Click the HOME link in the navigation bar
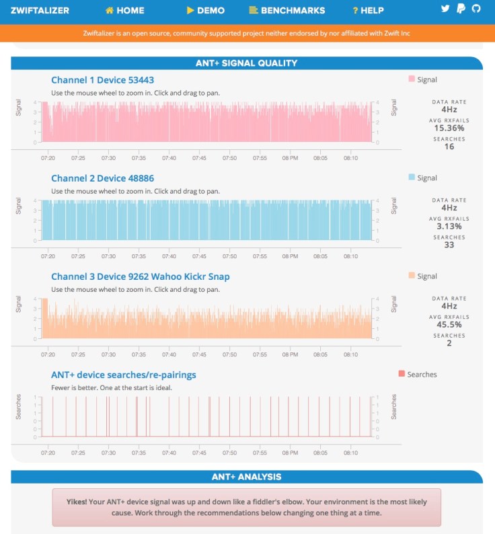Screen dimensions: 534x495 (125, 10)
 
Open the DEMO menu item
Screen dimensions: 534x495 (206, 10)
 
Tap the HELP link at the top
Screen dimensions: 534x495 (369, 10)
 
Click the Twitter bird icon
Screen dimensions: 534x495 (445, 9)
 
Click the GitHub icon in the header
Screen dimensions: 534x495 (477, 9)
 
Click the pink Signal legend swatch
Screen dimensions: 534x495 (412, 79)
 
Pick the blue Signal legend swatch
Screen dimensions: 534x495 (412, 178)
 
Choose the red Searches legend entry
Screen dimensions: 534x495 (402, 375)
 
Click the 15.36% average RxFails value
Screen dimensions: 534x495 (449, 128)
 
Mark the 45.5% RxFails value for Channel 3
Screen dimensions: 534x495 (449, 324)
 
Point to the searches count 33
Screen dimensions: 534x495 (449, 245)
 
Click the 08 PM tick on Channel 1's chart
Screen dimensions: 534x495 (290, 158)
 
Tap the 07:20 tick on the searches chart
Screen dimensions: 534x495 (48, 453)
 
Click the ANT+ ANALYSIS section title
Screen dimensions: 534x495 (247, 477)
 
